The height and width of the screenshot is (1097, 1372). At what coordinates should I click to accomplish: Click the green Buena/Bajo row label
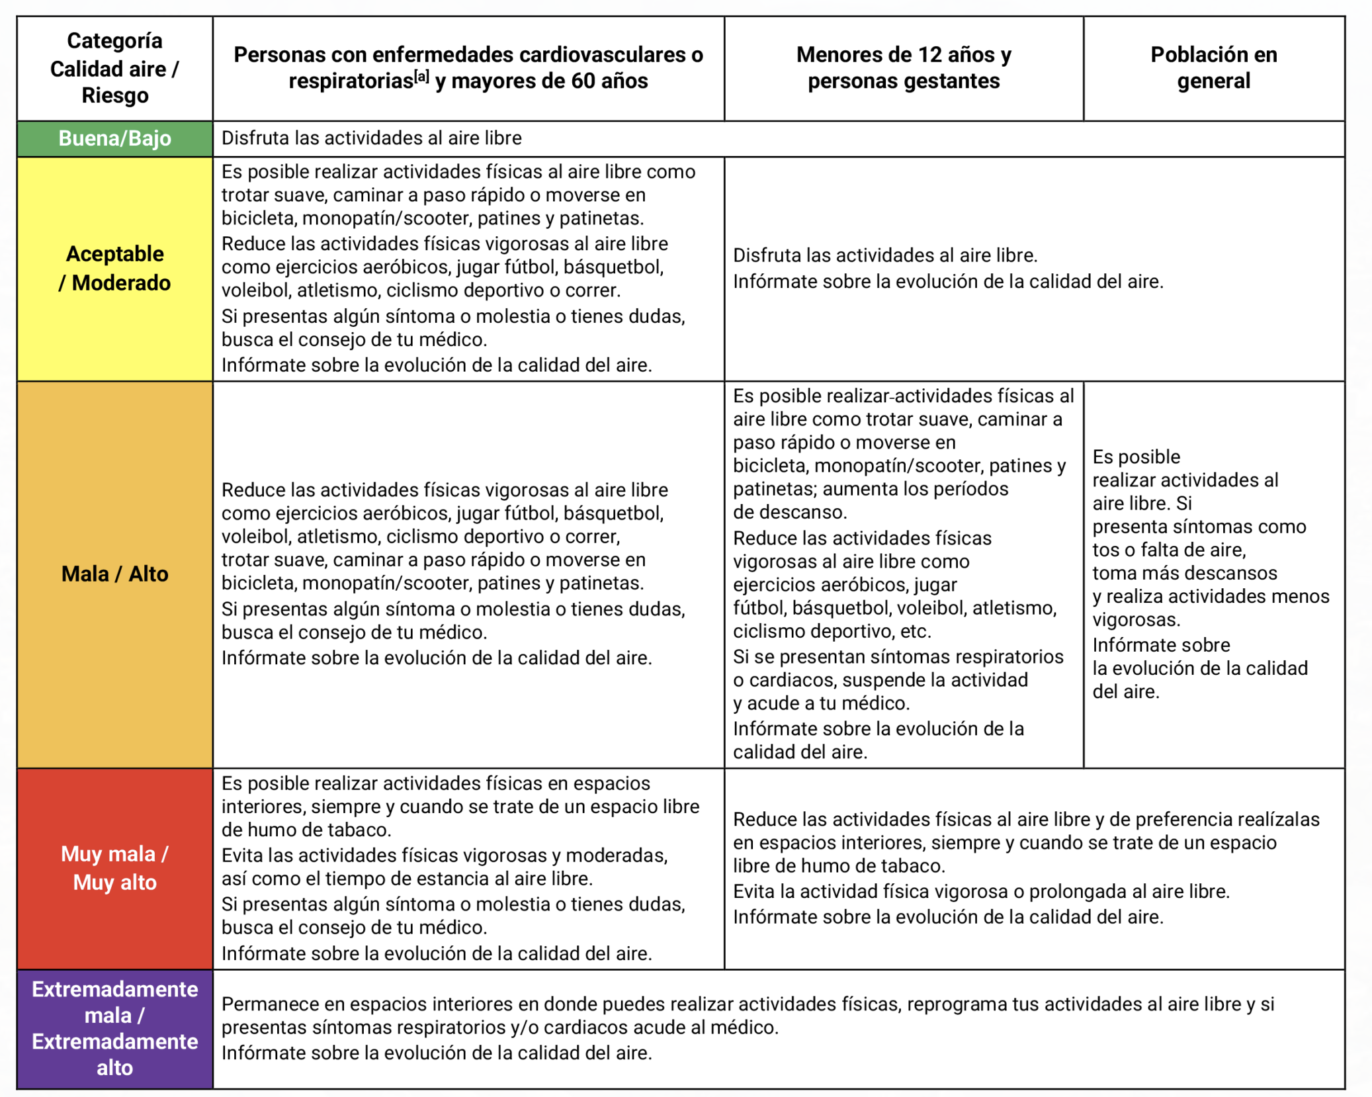tap(114, 138)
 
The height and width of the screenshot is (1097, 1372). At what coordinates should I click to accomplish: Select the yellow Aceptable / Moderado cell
tap(114, 268)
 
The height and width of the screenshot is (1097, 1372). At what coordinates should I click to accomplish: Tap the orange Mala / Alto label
tap(114, 574)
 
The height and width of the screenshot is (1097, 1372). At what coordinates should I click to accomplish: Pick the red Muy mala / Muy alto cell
tap(114, 868)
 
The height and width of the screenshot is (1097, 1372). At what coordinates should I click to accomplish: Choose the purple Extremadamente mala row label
tap(114, 1028)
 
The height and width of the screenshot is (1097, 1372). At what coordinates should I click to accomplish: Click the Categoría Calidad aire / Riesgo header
tap(114, 68)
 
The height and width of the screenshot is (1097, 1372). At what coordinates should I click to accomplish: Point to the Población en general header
tap(1213, 67)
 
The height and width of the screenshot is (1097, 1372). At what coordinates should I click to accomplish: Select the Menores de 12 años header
tap(904, 67)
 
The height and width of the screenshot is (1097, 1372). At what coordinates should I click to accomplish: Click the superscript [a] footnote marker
tap(421, 77)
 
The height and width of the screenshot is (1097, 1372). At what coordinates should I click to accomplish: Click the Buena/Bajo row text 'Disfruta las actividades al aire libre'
tap(371, 138)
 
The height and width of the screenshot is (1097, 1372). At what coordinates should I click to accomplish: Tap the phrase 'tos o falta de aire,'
tap(1169, 550)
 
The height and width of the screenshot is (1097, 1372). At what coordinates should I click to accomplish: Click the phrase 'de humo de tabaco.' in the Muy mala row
tap(306, 830)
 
